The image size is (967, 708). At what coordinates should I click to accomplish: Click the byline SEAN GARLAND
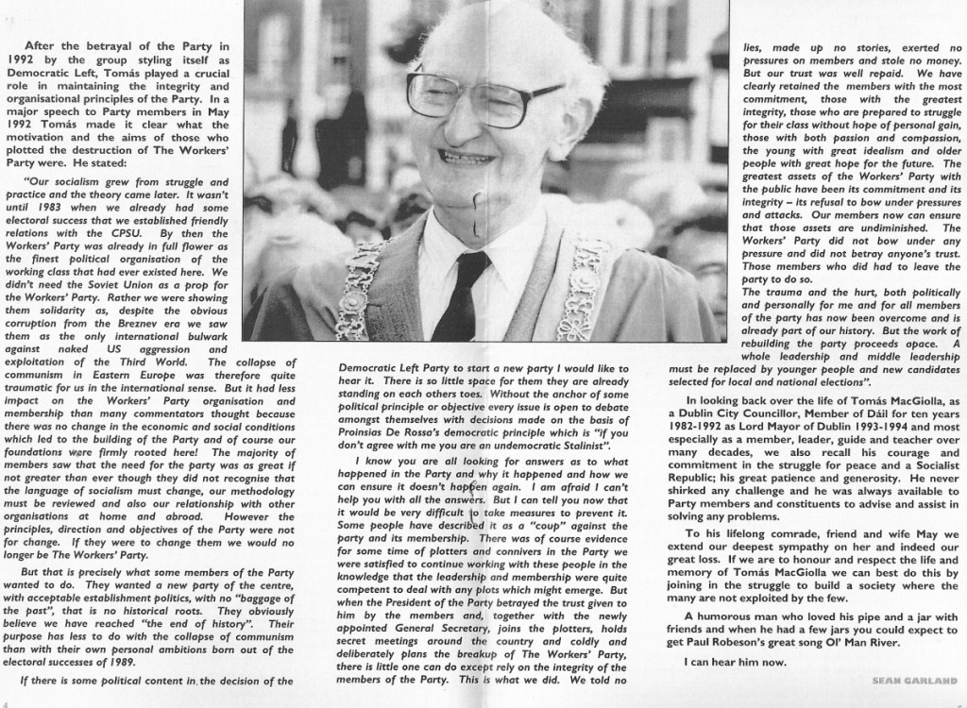915,680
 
